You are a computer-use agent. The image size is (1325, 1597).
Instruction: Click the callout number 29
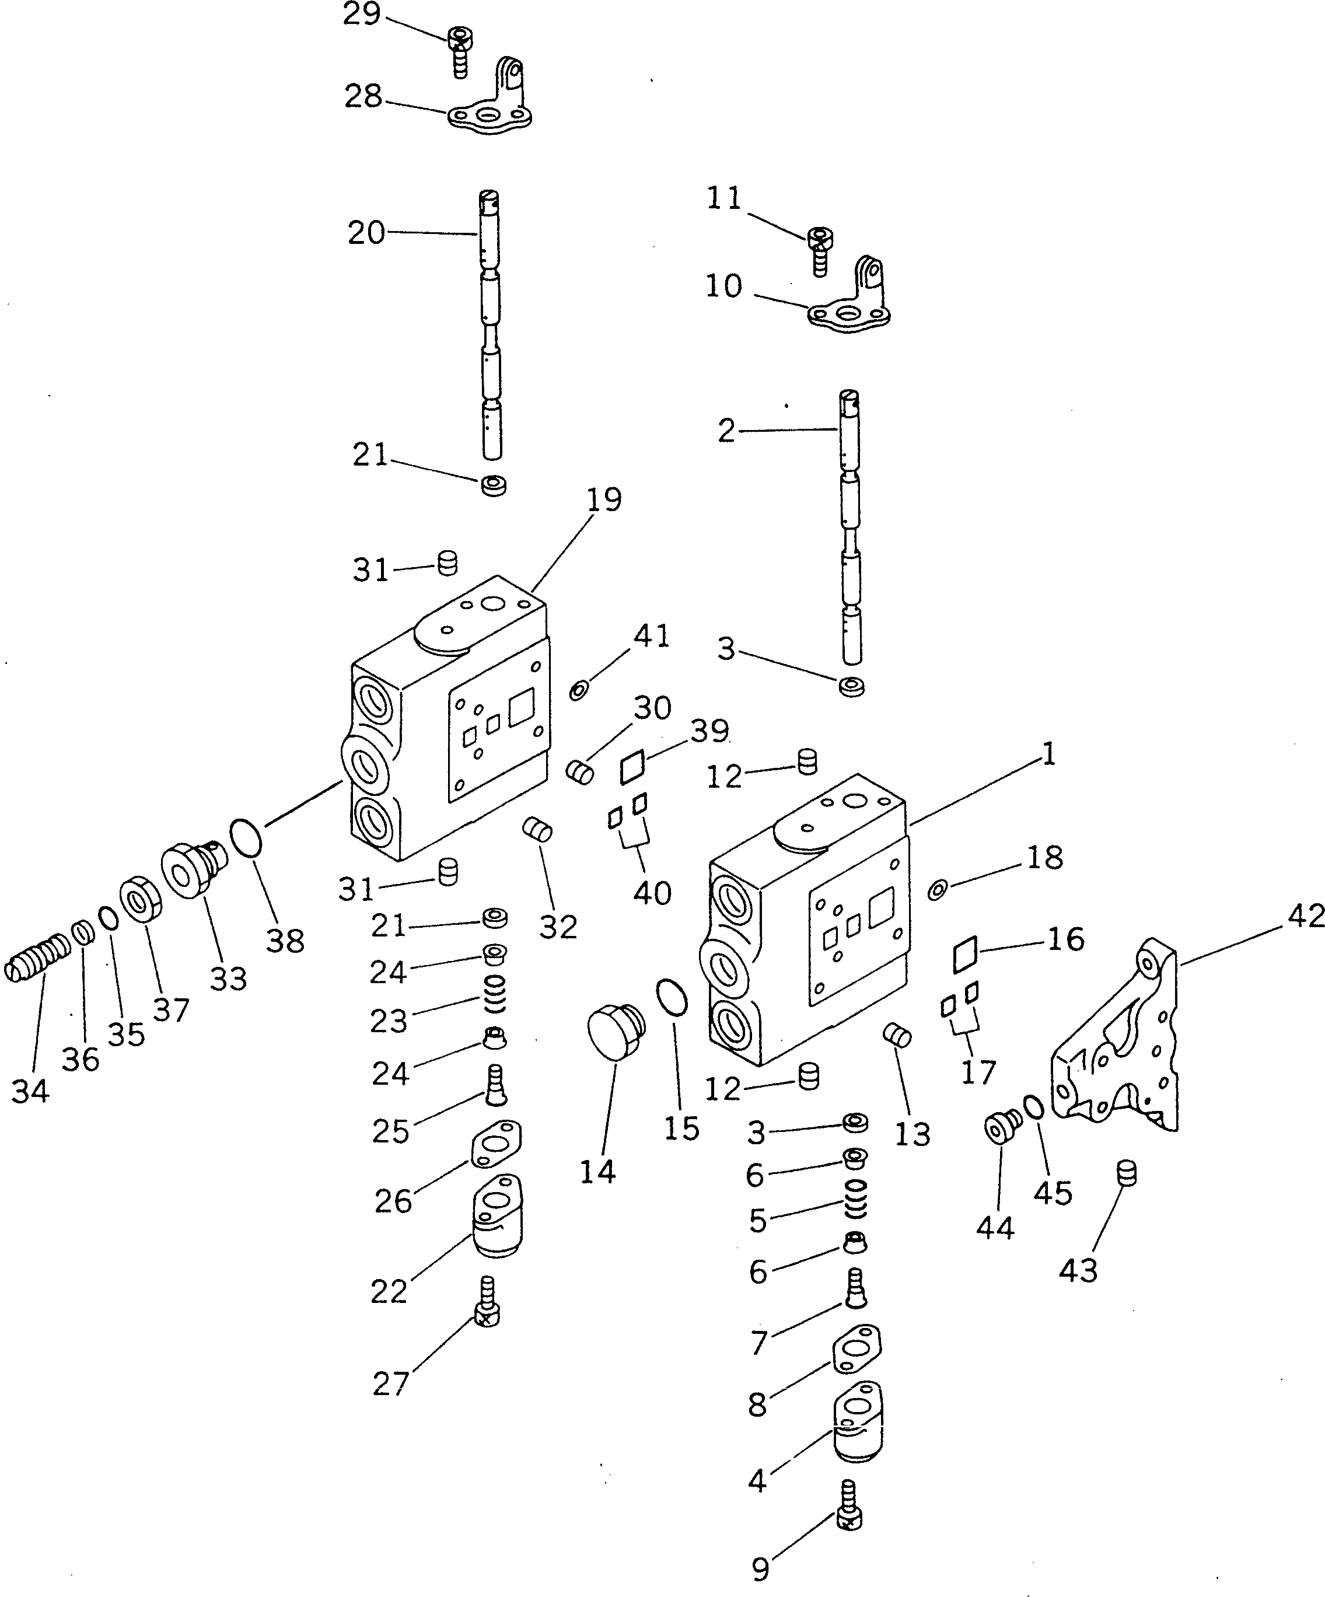[361, 15]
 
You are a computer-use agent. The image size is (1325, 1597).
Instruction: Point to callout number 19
[604, 499]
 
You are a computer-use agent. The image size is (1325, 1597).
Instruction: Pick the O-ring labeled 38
[246, 837]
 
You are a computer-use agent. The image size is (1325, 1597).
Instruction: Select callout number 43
[1078, 1270]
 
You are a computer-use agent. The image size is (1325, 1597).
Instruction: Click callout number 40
[652, 892]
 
